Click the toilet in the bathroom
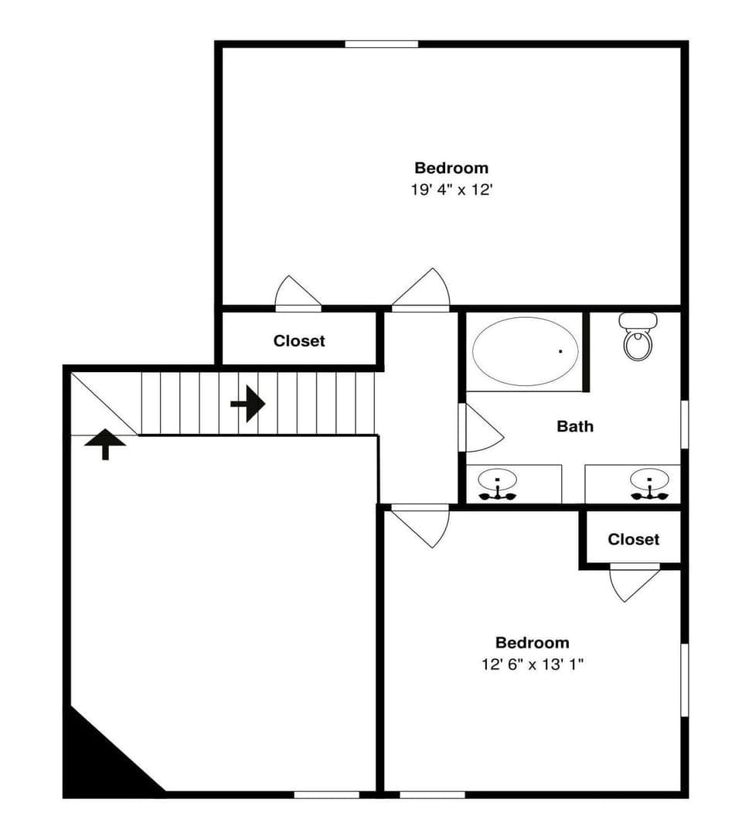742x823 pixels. click(x=638, y=337)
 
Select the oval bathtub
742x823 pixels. click(x=525, y=350)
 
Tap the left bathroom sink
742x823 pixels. click(x=498, y=483)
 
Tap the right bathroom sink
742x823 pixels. click(x=649, y=483)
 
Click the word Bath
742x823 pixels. click(x=575, y=425)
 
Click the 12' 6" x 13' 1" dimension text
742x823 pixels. click(x=533, y=664)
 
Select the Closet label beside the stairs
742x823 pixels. click(x=299, y=340)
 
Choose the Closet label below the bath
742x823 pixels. click(x=634, y=539)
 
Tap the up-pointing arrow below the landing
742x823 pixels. click(x=105, y=444)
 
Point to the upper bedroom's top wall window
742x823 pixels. click(x=381, y=44)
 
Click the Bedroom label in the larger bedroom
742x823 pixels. click(x=451, y=168)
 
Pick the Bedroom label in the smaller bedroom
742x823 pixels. click(x=533, y=643)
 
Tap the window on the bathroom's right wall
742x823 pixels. click(x=684, y=423)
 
